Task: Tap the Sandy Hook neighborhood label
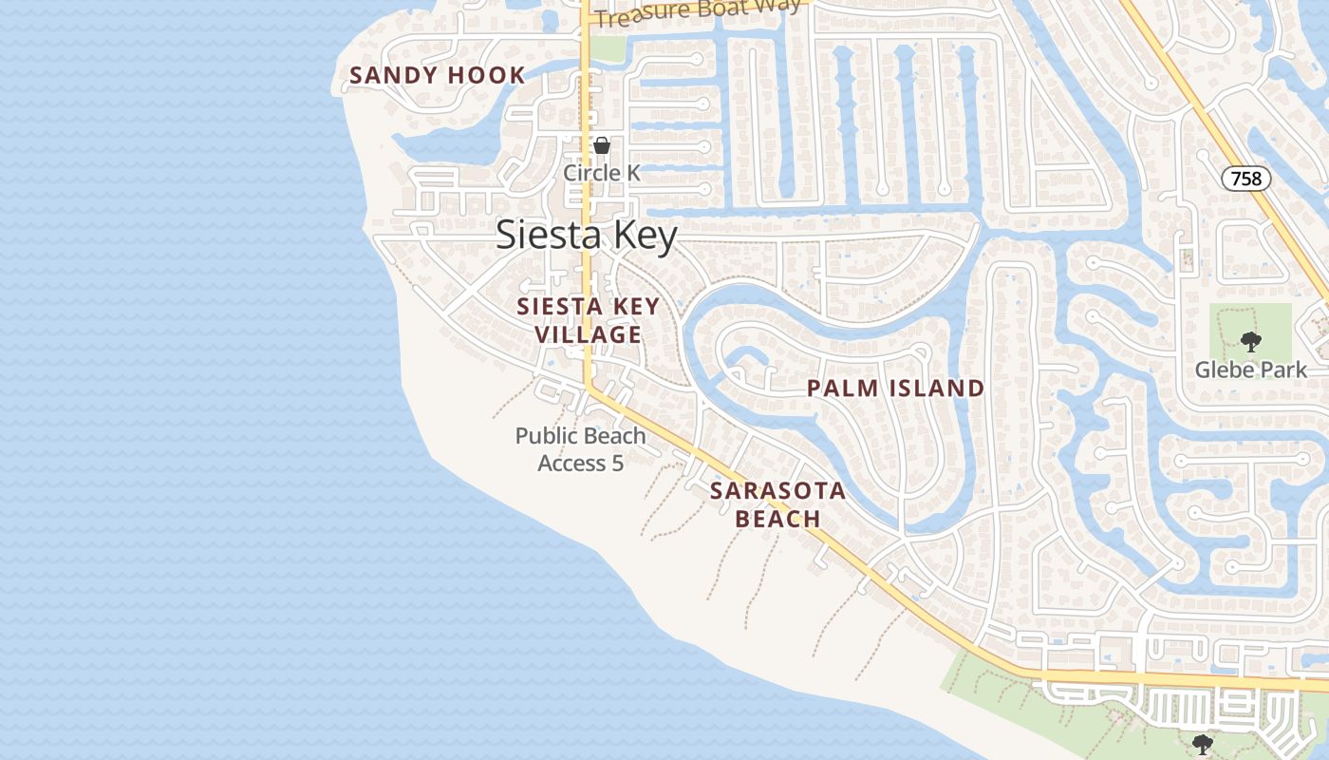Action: (x=438, y=76)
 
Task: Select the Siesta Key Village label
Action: (x=588, y=321)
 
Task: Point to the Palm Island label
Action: (x=895, y=388)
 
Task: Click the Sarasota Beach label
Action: (x=777, y=504)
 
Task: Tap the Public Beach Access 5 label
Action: (x=581, y=449)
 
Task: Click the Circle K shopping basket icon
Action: (x=602, y=145)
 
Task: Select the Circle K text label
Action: (x=602, y=173)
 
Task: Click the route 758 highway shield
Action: (x=1245, y=178)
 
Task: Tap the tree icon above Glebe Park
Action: (x=1250, y=342)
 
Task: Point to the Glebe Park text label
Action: (x=1250, y=370)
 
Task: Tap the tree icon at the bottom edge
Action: (x=1203, y=743)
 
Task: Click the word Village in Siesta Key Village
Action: (x=588, y=335)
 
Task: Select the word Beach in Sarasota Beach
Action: (x=777, y=519)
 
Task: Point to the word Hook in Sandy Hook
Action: (x=490, y=76)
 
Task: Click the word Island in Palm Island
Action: (x=937, y=388)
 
